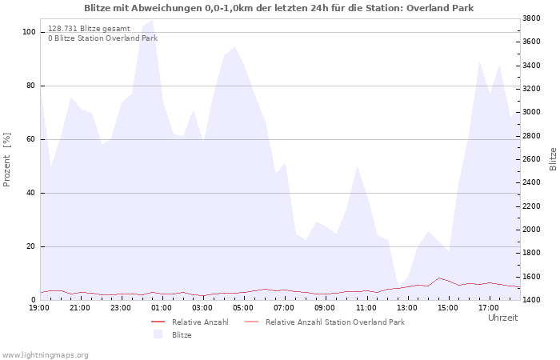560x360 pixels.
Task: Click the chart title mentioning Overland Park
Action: [279, 8]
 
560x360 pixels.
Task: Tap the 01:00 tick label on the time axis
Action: [162, 308]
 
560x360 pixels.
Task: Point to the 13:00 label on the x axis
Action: [407, 308]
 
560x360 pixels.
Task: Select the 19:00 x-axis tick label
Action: [39, 308]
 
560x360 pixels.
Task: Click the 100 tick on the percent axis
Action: [29, 32]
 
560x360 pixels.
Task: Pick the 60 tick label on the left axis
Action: [31, 139]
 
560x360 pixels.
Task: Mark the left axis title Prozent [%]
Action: [6, 160]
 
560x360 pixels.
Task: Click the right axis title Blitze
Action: [553, 159]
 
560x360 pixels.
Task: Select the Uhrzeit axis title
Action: [502, 318]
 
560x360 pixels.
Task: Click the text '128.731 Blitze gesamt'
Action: [89, 29]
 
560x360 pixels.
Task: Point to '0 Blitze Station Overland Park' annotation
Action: [103, 38]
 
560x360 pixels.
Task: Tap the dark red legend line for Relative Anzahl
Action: [158, 322]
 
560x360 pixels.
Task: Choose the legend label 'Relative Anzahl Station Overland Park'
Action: [335, 322]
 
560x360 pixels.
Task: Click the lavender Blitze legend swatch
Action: [158, 334]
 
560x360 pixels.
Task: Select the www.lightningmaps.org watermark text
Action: [45, 355]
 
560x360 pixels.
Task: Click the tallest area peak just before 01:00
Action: [153, 20]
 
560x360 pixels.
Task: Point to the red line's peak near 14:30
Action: [438, 278]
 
